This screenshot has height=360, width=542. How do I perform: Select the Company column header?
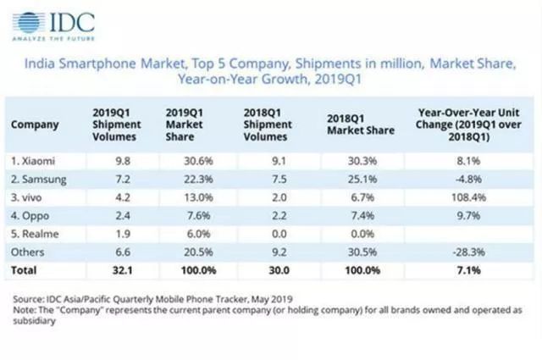coord(35,124)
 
